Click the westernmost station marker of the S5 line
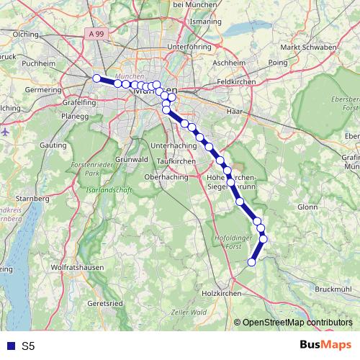pos(96,78)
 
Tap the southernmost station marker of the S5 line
pos(252,262)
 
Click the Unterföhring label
pos(187,47)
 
